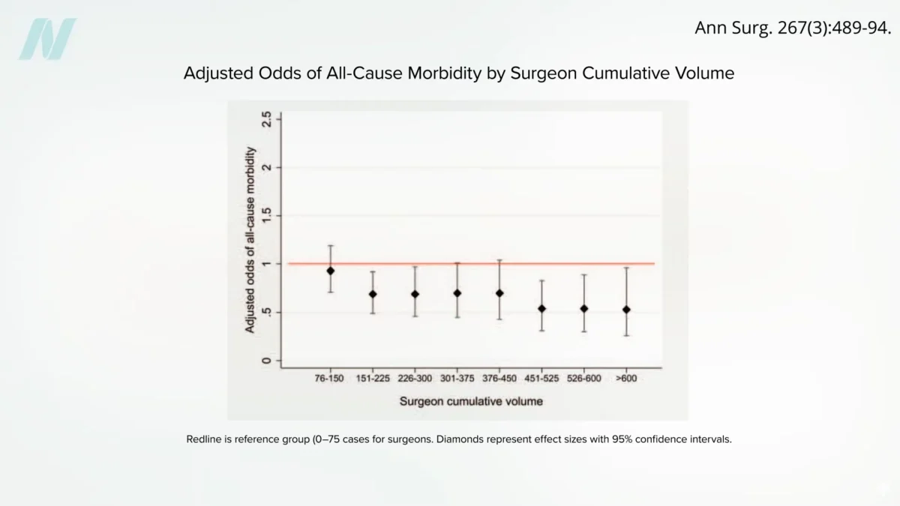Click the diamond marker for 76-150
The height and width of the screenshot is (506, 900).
pyautogui.click(x=330, y=271)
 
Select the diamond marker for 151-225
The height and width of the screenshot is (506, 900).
pyautogui.click(x=373, y=294)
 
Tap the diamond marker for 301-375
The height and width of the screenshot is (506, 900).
pyautogui.click(x=457, y=293)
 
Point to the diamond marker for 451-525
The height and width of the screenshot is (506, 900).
pyautogui.click(x=541, y=309)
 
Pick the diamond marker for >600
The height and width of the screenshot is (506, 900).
pyautogui.click(x=626, y=310)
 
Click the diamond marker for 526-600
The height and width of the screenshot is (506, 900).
pyautogui.click(x=584, y=309)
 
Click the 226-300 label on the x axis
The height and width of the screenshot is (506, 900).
pyautogui.click(x=415, y=379)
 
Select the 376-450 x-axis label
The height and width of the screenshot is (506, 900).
pyautogui.click(x=499, y=379)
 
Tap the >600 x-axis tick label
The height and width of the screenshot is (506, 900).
pyautogui.click(x=626, y=379)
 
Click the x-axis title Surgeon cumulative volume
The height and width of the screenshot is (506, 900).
pyautogui.click(x=471, y=401)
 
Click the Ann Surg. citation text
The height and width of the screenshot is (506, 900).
pyautogui.click(x=793, y=28)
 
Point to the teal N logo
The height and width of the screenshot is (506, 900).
pyautogui.click(x=46, y=39)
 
